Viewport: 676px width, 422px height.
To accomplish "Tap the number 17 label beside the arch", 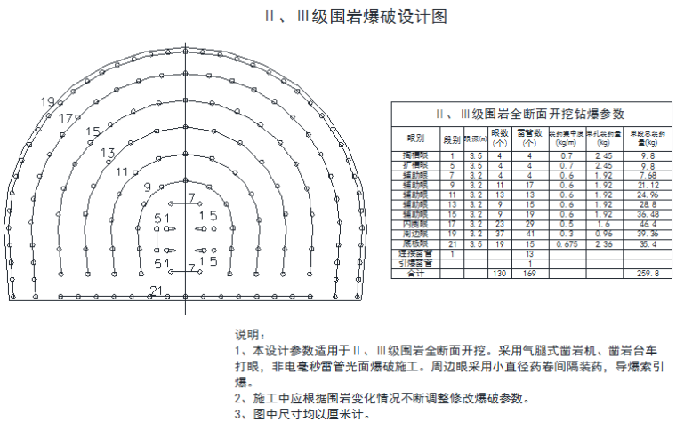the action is pyautogui.click(x=67, y=118).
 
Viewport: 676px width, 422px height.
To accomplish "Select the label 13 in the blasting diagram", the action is pyautogui.click(x=108, y=153).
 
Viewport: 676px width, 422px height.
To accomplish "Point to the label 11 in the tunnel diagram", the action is pyautogui.click(x=123, y=171).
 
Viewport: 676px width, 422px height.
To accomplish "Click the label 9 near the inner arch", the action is pyautogui.click(x=147, y=187).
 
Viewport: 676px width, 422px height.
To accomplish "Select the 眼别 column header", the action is pyautogui.click(x=415, y=139).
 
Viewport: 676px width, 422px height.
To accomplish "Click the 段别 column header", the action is pyautogui.click(x=452, y=139).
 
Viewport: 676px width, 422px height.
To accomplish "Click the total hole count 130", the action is pyautogui.click(x=499, y=274).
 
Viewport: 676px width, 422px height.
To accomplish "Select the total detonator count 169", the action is pyautogui.click(x=529, y=274).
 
